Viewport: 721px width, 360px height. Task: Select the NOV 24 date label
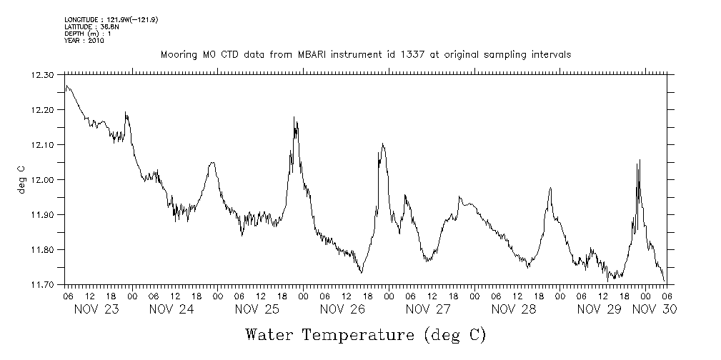pos(171,309)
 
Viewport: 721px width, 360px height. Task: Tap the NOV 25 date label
pos(257,309)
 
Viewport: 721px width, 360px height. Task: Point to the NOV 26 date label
pos(342,309)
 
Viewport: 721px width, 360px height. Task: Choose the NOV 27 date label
pos(428,309)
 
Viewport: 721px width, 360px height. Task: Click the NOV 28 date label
pos(514,309)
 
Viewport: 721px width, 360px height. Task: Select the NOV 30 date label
pos(655,309)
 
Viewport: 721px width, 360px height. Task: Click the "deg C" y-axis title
pos(22,180)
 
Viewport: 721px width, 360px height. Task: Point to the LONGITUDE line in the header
pos(111,19)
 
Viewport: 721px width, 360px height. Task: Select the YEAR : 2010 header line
pos(84,41)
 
